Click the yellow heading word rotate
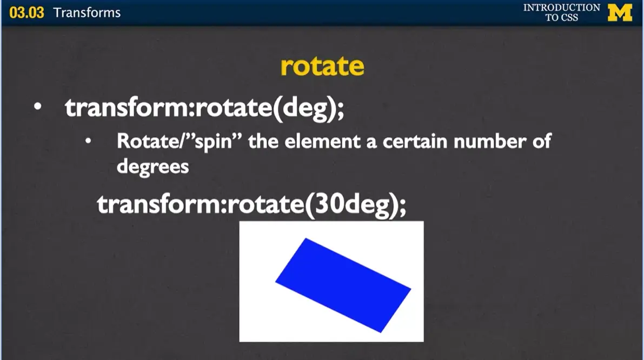coord(322,66)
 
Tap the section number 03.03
coord(26,12)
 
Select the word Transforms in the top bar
coord(87,12)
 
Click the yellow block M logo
coord(620,12)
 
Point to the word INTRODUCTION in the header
coord(561,8)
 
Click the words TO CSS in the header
coord(561,17)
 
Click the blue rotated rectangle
coord(343,285)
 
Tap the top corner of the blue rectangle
coord(306,238)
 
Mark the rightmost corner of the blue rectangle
coord(410,289)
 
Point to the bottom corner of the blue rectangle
coord(381,332)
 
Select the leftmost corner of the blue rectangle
coord(276,281)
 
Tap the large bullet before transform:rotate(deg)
coord(37,108)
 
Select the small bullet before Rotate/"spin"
coord(88,143)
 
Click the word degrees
coord(152,166)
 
